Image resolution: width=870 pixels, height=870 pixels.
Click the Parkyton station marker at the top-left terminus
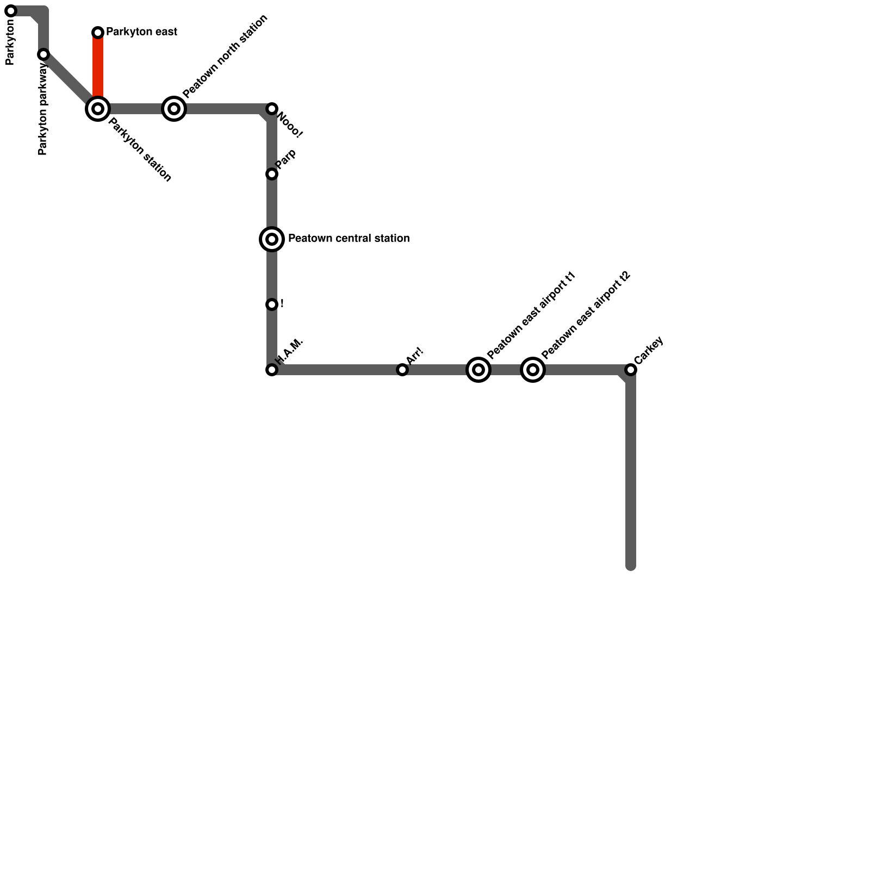pyautogui.click(x=11, y=11)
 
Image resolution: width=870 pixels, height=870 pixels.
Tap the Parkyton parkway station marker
pyautogui.click(x=43, y=54)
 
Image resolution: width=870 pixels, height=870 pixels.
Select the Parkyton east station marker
pyautogui.click(x=98, y=33)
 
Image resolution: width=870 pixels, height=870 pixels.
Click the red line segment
pyautogui.click(x=98, y=68)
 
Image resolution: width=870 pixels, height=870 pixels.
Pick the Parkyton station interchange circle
pyautogui.click(x=98, y=109)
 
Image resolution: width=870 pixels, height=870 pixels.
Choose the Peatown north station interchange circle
pyautogui.click(x=174, y=109)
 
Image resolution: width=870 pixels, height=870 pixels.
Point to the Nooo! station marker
pyautogui.click(x=272, y=109)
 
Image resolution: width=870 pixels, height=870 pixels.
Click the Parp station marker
pyautogui.click(x=272, y=174)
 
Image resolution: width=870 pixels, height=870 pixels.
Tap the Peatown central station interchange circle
pyautogui.click(x=272, y=239)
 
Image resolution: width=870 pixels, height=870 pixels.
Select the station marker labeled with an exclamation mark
pyautogui.click(x=272, y=304)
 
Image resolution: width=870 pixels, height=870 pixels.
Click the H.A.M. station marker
pyautogui.click(x=272, y=370)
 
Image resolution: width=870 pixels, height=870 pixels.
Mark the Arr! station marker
pyautogui.click(x=402, y=370)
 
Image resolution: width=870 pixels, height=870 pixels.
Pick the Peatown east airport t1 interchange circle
pyautogui.click(x=478, y=370)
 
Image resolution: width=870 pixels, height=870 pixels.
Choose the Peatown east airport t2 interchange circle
pyautogui.click(x=533, y=370)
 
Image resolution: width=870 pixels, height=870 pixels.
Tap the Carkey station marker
pyautogui.click(x=631, y=370)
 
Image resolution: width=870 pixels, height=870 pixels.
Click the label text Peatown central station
pyautogui.click(x=349, y=239)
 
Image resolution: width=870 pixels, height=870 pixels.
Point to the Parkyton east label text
pyautogui.click(x=141, y=32)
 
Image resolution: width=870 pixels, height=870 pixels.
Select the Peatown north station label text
pyautogui.click(x=225, y=57)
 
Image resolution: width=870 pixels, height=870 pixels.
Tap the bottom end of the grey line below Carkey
pyautogui.click(x=631, y=565)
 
